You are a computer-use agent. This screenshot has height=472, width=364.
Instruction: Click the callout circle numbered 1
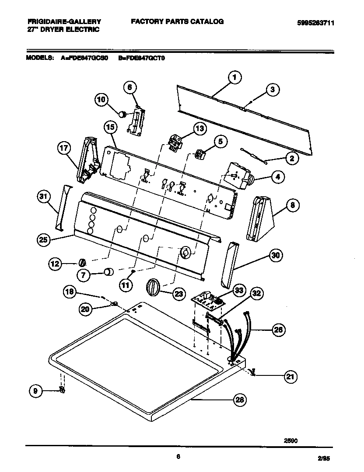(x=234, y=78)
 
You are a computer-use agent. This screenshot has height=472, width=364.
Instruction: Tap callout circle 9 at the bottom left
(x=37, y=391)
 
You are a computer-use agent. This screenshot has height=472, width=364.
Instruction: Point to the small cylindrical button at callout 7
(x=108, y=273)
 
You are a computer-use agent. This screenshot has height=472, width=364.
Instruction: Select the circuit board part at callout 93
(x=206, y=299)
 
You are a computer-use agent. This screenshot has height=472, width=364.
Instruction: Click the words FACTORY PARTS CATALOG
(x=177, y=21)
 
